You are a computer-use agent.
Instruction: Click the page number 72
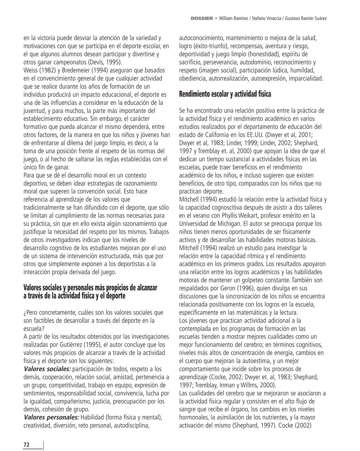[x=26, y=445]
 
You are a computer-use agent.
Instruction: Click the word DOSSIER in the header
[x=202, y=18]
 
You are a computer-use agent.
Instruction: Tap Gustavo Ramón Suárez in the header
[x=306, y=18]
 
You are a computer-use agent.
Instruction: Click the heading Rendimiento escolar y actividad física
[x=225, y=94]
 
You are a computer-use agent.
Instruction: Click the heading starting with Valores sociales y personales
[x=90, y=291]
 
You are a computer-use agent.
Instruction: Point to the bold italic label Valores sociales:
[x=47, y=369]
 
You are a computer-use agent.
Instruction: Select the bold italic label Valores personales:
[x=51, y=417]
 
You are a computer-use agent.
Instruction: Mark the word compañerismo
[x=71, y=401]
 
